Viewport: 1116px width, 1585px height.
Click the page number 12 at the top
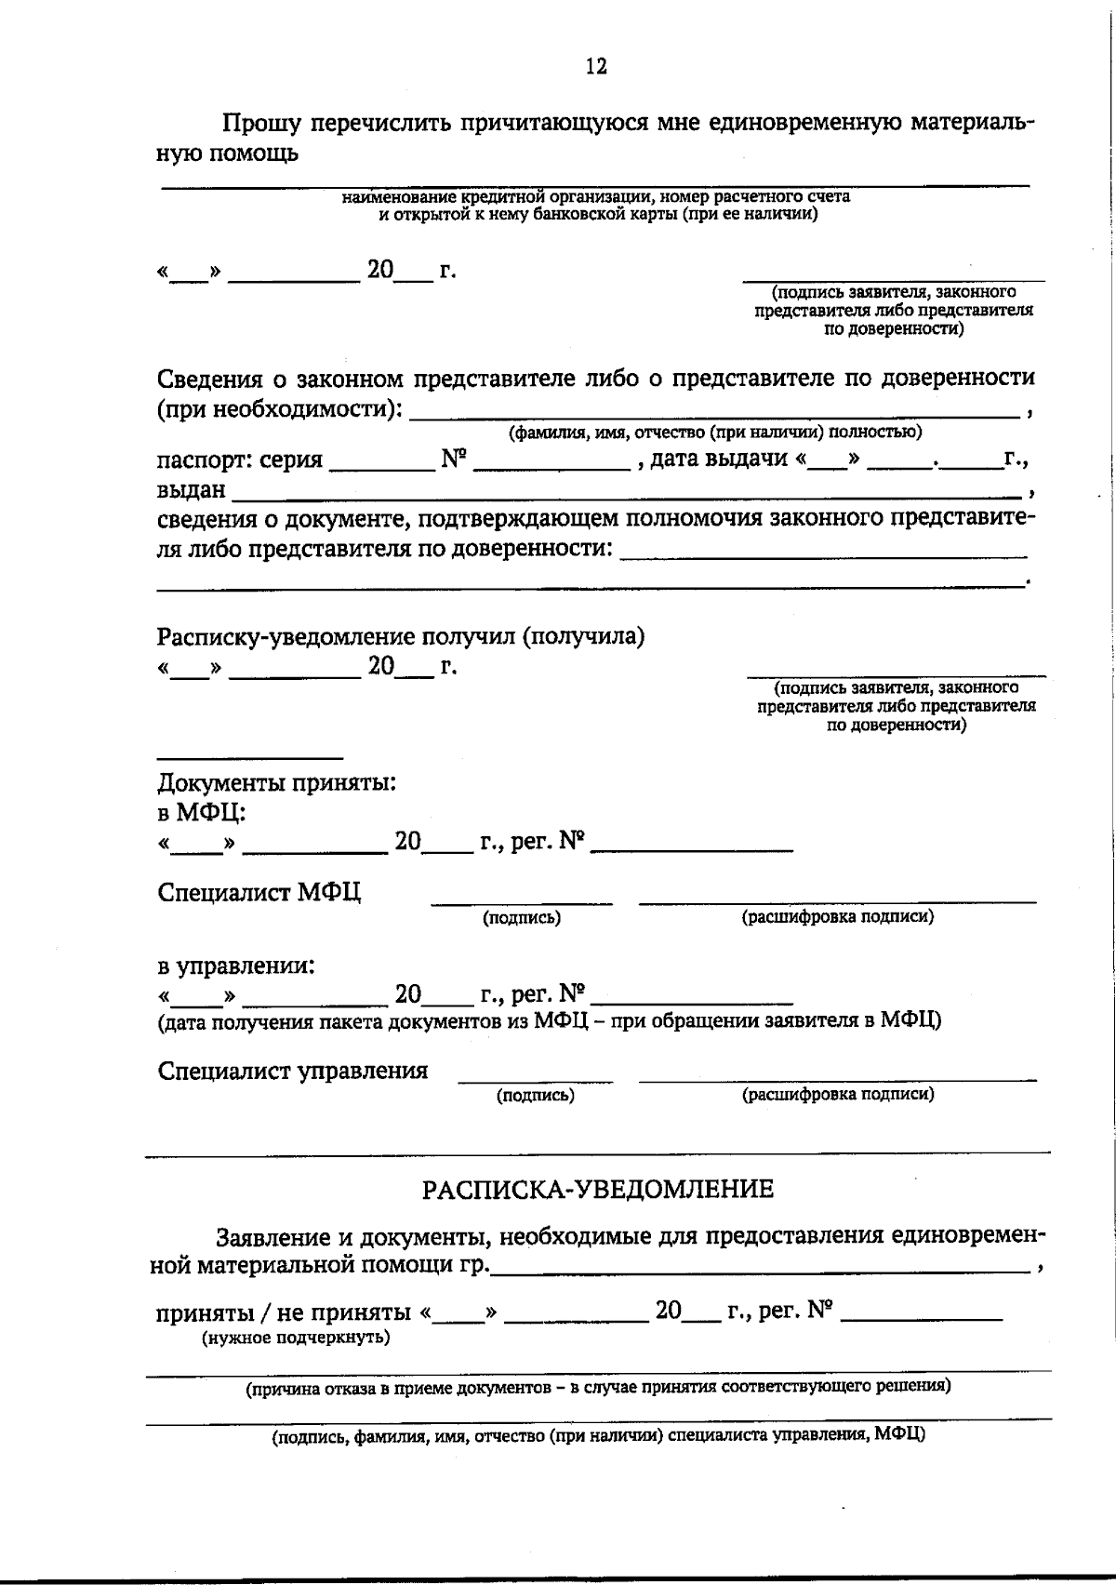[x=596, y=66]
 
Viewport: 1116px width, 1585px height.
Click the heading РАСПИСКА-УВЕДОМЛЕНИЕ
[x=598, y=1189]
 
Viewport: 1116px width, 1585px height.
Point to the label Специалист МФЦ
[x=259, y=892]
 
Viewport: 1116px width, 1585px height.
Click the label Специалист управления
[x=293, y=1071]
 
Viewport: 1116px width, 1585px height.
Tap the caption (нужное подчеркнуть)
[x=296, y=1338]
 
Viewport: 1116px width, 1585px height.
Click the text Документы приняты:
[x=276, y=782]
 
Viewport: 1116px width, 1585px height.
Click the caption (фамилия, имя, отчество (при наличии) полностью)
[x=713, y=432]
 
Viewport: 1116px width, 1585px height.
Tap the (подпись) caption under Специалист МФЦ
[x=521, y=918]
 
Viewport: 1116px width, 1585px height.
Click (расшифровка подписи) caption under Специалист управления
[x=837, y=1095]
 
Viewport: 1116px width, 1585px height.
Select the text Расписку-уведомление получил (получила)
[x=400, y=636]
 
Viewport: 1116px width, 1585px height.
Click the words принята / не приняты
[x=283, y=1312]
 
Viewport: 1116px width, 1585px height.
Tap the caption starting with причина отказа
[x=597, y=1387]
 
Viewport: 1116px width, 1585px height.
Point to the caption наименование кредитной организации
[x=596, y=197]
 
